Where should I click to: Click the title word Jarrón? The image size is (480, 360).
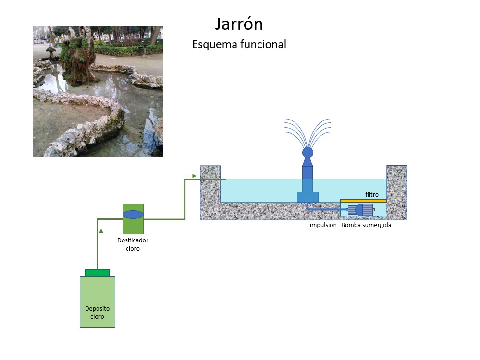(x=239, y=24)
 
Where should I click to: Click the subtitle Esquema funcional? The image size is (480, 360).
(x=239, y=45)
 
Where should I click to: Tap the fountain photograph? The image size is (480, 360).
(x=98, y=92)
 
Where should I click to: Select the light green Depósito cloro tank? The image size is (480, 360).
(x=97, y=302)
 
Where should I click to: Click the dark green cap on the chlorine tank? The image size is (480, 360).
(x=97, y=273)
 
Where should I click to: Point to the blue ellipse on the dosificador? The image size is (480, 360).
(x=133, y=215)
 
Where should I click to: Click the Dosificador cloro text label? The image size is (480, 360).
(x=133, y=244)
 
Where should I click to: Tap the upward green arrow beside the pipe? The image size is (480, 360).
(x=101, y=234)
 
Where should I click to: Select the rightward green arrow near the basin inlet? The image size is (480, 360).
(x=190, y=176)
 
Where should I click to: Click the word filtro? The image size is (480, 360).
(x=371, y=195)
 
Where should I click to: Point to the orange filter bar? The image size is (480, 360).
(x=363, y=201)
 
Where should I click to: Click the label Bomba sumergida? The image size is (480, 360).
(x=366, y=225)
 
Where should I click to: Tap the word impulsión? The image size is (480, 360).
(x=323, y=225)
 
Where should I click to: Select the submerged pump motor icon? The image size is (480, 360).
(x=360, y=210)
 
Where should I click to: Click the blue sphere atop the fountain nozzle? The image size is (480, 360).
(x=308, y=153)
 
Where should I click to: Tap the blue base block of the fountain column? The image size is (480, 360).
(x=308, y=197)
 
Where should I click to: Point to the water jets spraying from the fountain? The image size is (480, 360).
(x=308, y=131)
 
